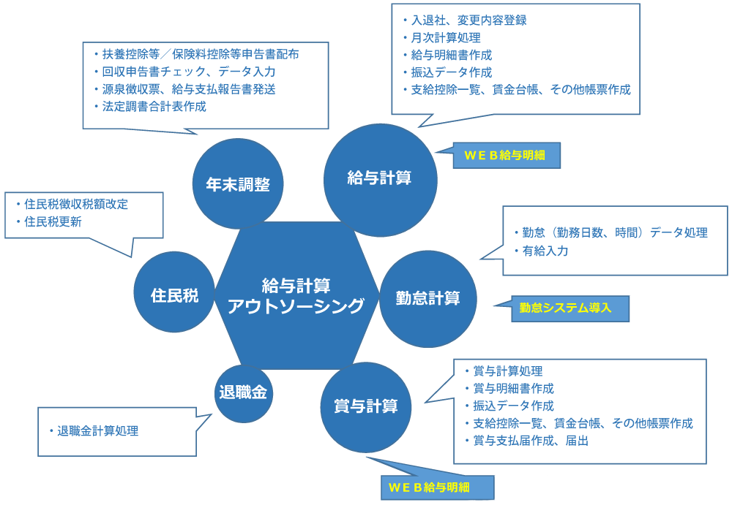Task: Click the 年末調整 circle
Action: [x=237, y=184]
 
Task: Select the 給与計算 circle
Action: [x=379, y=178]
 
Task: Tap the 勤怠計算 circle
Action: [x=428, y=298]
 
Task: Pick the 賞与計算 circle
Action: [x=365, y=406]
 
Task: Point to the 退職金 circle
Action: [x=244, y=392]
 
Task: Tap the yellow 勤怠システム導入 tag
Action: [x=570, y=308]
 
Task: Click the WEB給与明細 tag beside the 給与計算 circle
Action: [x=507, y=155]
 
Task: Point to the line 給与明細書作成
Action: [x=447, y=55]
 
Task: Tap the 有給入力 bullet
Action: [x=545, y=251]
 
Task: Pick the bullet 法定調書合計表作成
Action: [x=154, y=107]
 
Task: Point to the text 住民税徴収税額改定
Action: [x=76, y=205]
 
